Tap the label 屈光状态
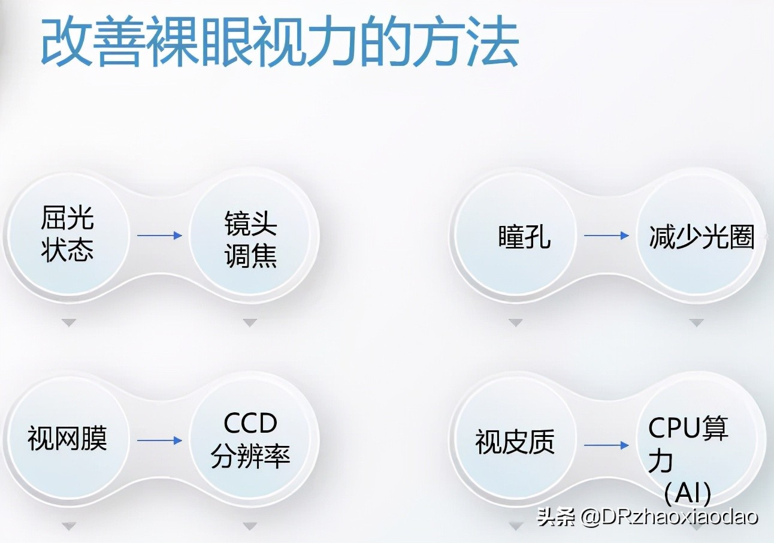click(68, 234)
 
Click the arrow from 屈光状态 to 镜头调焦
click(159, 236)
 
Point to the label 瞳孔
click(524, 237)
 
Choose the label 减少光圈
click(702, 237)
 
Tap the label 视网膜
click(67, 439)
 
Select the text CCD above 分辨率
click(250, 424)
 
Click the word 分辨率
click(250, 457)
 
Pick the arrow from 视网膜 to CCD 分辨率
click(159, 441)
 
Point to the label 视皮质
click(515, 443)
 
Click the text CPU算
click(688, 429)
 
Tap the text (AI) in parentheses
click(688, 494)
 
